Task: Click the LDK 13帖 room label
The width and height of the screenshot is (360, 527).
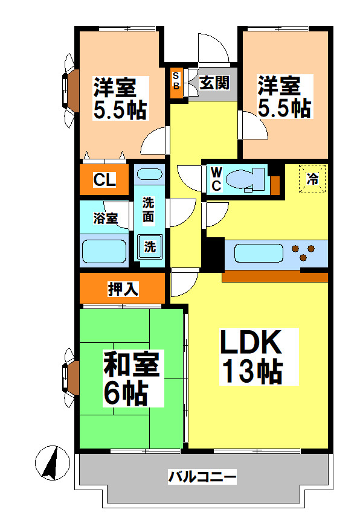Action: tap(251, 357)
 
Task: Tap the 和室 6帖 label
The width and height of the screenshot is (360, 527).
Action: tap(131, 379)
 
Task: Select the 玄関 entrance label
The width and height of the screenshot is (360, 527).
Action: tap(214, 83)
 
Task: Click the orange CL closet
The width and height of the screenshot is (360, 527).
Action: tap(104, 179)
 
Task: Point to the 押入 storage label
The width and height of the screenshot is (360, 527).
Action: tap(123, 289)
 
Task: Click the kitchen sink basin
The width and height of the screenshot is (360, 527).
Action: tap(259, 252)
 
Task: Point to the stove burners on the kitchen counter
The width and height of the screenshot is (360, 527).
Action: tap(303, 252)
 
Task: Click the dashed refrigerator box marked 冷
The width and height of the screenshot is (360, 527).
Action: tap(312, 179)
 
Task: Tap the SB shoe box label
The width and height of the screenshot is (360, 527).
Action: tap(176, 80)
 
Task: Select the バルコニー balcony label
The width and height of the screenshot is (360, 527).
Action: tap(202, 477)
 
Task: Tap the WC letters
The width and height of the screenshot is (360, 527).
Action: tap(216, 179)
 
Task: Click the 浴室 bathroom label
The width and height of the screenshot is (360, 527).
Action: tap(105, 219)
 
